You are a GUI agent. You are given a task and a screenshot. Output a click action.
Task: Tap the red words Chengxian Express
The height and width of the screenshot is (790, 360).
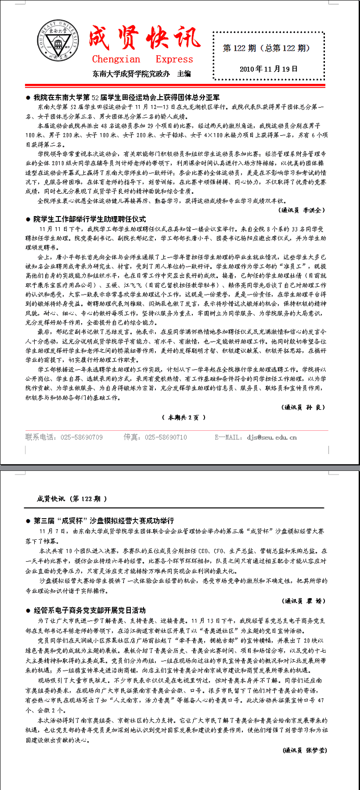pos(142,59)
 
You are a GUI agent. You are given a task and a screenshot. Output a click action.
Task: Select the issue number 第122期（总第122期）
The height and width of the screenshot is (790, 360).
pos(266,48)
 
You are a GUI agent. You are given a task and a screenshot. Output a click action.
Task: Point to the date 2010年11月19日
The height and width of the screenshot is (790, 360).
pos(268,69)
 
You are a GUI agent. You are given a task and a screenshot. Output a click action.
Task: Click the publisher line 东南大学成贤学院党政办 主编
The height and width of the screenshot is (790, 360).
pos(141,73)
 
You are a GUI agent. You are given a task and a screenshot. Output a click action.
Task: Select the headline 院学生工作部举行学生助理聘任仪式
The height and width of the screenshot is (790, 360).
pos(89,219)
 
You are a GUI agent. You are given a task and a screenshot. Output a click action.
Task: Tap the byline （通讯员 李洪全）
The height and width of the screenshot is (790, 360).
pos(302,210)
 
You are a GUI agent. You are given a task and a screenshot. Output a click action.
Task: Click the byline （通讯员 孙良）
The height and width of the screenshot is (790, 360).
pos(303,407)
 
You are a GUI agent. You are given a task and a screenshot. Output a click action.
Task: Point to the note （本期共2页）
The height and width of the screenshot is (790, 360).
pos(184,417)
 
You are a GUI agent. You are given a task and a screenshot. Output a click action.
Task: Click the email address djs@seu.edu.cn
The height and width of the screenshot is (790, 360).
pos(272,437)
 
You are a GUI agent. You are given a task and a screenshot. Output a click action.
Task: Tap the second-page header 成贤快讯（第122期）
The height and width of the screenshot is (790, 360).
pos(72,499)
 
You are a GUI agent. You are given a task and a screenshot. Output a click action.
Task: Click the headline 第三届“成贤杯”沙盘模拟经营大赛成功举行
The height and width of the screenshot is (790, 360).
pos(103,521)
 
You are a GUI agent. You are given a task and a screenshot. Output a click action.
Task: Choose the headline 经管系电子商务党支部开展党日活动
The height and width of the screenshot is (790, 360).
pos(89,610)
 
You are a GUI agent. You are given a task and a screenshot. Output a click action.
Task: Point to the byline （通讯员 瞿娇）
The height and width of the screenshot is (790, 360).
pos(304,601)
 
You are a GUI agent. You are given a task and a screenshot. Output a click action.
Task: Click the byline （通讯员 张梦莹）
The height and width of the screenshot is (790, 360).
pos(304,750)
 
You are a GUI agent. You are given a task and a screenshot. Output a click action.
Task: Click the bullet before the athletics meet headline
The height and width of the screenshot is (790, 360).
pos(28,98)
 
